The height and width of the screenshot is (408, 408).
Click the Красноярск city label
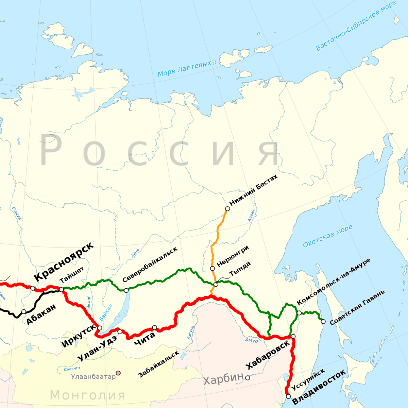click(x=64, y=262)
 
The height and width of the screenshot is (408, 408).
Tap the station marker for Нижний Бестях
click(x=227, y=208)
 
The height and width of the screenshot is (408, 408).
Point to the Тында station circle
click(x=216, y=284)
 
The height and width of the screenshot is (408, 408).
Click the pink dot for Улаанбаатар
click(x=118, y=373)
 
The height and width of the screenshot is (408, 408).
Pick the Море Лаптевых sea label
click(x=185, y=68)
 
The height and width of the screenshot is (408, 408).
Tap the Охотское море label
click(x=327, y=236)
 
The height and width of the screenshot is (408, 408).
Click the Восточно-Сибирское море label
click(x=356, y=26)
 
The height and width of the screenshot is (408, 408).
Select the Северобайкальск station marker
click(x=126, y=290)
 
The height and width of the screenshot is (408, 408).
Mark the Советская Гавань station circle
click(x=323, y=321)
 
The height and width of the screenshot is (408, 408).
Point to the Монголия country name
click(x=88, y=395)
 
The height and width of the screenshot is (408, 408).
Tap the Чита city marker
click(x=154, y=327)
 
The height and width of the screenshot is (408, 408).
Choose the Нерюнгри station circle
click(x=213, y=268)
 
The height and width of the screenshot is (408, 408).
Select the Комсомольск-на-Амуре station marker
click(x=299, y=313)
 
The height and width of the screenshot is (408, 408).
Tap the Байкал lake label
click(x=106, y=312)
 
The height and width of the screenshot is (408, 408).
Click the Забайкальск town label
click(x=158, y=364)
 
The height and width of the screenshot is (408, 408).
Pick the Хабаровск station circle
click(x=293, y=336)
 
